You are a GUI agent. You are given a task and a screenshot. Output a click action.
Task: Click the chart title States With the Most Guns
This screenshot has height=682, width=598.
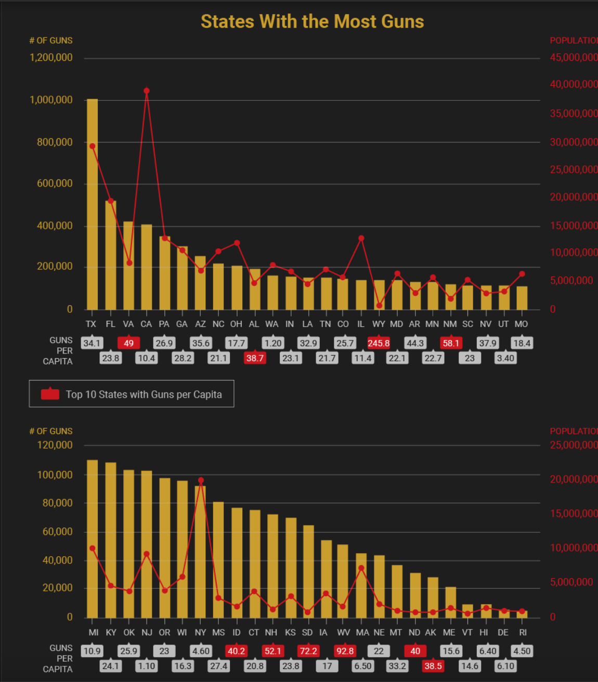(312, 22)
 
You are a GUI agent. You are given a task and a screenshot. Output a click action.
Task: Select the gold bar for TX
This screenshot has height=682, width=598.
(92, 204)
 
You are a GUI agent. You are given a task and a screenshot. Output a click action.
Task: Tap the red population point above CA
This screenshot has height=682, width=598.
(147, 91)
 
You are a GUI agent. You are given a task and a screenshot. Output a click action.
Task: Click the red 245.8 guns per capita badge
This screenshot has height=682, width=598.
(379, 343)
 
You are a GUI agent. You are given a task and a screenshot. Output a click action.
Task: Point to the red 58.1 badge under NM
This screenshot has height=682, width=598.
(451, 343)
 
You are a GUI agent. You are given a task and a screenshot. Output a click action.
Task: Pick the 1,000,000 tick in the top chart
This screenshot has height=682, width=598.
(51, 100)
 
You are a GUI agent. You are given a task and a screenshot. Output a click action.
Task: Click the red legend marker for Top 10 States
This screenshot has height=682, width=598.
(50, 394)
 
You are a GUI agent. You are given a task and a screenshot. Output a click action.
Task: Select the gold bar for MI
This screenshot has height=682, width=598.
(93, 539)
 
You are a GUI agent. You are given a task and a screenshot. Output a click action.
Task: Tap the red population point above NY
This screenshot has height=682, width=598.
(201, 480)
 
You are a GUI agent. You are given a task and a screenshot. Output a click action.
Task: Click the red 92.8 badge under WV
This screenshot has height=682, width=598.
(345, 651)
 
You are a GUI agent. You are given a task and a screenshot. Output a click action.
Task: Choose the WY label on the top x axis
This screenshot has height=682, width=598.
(379, 324)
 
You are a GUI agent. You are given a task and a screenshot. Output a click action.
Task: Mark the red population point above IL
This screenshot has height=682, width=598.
(361, 239)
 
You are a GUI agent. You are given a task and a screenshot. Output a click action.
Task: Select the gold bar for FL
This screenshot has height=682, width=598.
(110, 255)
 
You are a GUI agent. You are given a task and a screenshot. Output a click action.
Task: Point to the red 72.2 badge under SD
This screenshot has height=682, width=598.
(308, 651)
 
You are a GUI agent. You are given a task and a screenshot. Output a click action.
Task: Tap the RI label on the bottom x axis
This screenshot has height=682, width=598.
(523, 632)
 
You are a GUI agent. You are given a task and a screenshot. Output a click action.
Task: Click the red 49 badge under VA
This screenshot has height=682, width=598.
(128, 343)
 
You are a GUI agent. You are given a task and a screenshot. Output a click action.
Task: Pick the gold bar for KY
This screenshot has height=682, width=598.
(111, 540)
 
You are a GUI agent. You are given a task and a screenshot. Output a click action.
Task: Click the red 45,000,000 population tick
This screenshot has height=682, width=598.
(574, 58)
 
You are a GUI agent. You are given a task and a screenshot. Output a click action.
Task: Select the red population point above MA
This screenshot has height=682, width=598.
(361, 568)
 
